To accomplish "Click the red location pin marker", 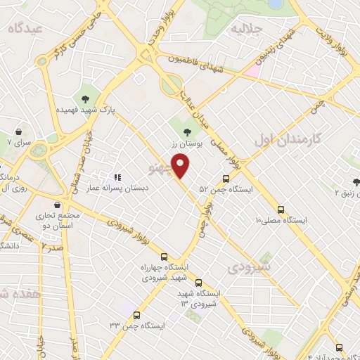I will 181,165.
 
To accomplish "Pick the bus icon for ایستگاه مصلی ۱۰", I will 281,210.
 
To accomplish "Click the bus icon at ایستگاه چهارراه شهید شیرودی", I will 164,257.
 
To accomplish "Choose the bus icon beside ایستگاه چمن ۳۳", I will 136,315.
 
